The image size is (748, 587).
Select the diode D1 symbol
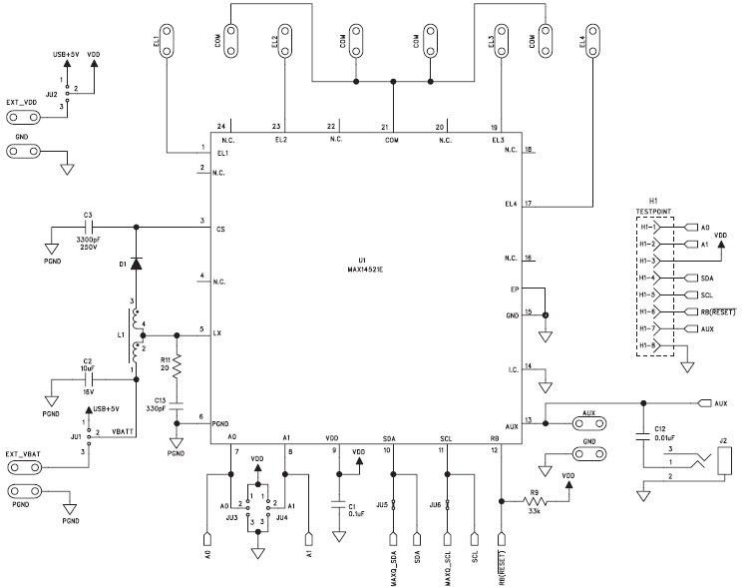136,264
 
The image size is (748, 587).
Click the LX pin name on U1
218,331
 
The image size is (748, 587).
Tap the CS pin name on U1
219,229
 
